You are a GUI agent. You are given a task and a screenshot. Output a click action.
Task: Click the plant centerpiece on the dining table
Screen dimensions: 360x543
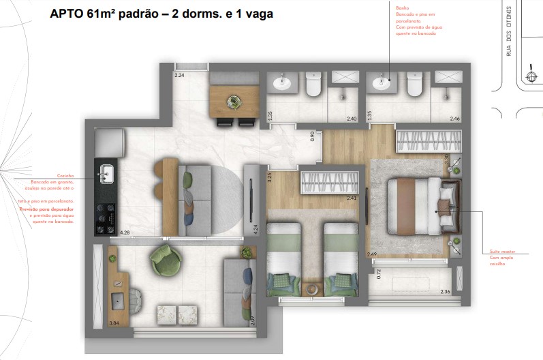point(234,101)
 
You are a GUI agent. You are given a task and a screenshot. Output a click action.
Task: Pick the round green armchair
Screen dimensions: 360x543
point(166,261)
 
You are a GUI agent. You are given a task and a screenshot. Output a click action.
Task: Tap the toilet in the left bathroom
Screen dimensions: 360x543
point(313,85)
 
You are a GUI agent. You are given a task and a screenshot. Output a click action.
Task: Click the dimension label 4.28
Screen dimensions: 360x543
point(125,233)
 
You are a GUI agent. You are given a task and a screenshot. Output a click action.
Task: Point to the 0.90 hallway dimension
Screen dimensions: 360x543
point(313,136)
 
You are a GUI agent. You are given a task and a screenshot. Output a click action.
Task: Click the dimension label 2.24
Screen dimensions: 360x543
point(180,74)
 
